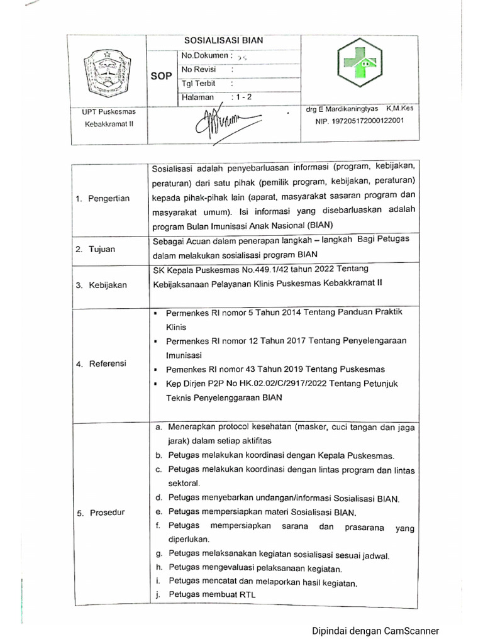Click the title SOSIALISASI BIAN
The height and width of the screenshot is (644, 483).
tap(223, 40)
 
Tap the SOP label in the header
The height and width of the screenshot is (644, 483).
tap(161, 76)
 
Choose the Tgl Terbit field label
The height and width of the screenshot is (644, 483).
tap(199, 83)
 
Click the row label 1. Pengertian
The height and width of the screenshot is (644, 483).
tap(103, 199)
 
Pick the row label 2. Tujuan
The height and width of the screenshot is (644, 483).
tap(96, 249)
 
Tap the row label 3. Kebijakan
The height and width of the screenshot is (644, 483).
tap(101, 285)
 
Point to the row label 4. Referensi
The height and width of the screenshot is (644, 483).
tap(101, 364)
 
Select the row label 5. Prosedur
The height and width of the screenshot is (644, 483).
tap(101, 513)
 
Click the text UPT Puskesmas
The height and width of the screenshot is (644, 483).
tap(109, 111)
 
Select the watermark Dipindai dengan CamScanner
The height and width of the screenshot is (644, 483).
tap(375, 631)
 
